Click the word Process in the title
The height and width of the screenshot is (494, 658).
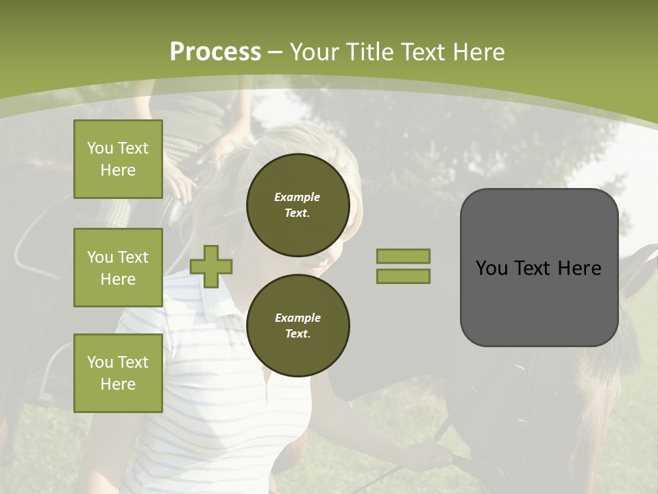click(x=215, y=51)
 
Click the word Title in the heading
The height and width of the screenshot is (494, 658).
click(x=371, y=51)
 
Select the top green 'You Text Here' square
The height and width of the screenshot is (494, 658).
click(x=118, y=159)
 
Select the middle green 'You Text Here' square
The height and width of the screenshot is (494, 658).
click(x=118, y=268)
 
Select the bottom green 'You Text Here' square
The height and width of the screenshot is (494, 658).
click(x=118, y=373)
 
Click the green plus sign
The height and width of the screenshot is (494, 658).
click(x=211, y=266)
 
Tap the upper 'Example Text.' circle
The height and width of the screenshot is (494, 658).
click(x=297, y=205)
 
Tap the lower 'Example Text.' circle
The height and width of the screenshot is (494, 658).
click(x=297, y=325)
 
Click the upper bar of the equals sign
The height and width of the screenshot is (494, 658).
click(x=403, y=256)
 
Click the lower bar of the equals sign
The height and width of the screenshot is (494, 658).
click(x=403, y=276)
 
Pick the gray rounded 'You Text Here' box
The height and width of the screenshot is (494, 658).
click(x=539, y=267)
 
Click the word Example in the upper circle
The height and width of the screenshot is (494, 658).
click(x=297, y=197)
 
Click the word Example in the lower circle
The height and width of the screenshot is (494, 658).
click(x=297, y=318)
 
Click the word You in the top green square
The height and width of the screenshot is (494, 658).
click(x=99, y=148)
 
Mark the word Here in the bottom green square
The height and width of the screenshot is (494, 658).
click(x=118, y=384)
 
